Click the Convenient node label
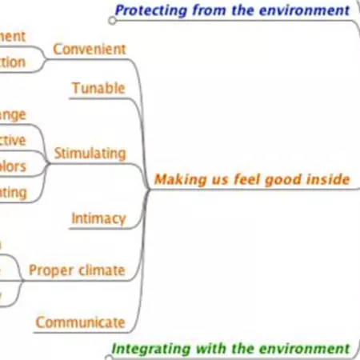pyautogui.click(x=89, y=49)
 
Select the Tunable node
pyautogui.click(x=98, y=87)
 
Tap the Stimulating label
pyautogui.click(x=90, y=152)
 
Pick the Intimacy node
pyautogui.click(x=98, y=218)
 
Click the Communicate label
pyautogui.click(x=80, y=322)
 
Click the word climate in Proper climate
pyautogui.click(x=102, y=270)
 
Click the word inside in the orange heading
pyautogui.click(x=328, y=179)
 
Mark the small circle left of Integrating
pyautogui.click(x=107, y=348)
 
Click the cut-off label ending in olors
pyautogui.click(x=13, y=166)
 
